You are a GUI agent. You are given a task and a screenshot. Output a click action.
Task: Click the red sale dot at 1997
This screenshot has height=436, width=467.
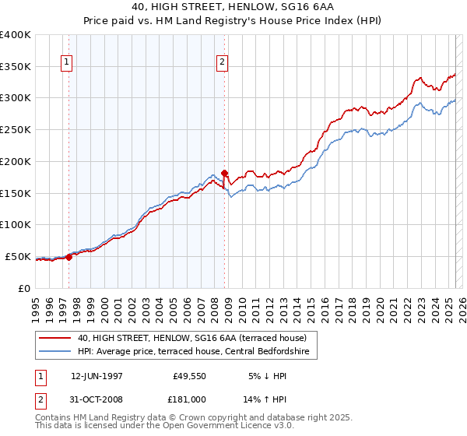click(x=68, y=256)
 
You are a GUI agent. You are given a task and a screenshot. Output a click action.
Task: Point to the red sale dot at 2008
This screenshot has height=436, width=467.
click(x=224, y=173)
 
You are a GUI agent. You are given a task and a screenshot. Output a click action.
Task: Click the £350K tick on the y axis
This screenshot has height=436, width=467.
click(x=16, y=67)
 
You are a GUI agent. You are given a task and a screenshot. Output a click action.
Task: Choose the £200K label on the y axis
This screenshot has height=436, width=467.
click(x=16, y=161)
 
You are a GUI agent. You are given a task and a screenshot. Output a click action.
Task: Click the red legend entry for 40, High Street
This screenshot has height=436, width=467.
click(x=192, y=338)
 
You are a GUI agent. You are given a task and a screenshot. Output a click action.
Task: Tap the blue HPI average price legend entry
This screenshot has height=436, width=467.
click(x=193, y=352)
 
